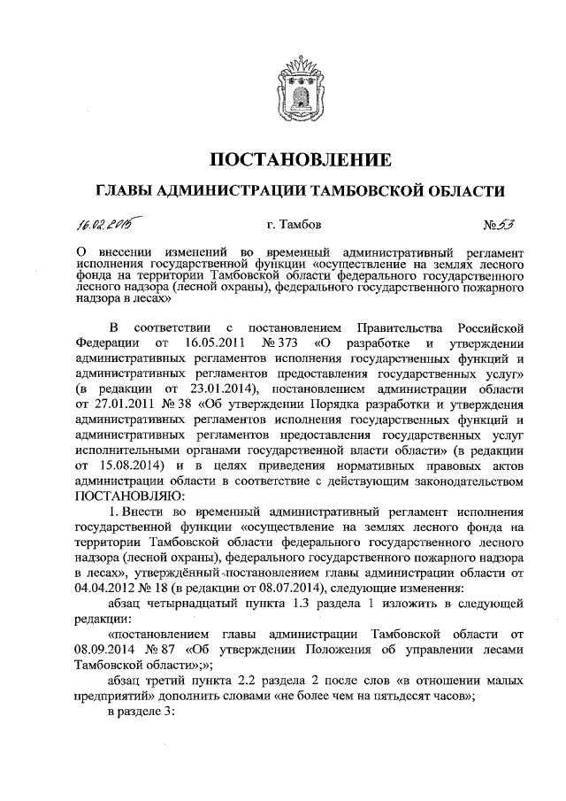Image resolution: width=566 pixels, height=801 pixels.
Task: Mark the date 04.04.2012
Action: click(108, 587)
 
